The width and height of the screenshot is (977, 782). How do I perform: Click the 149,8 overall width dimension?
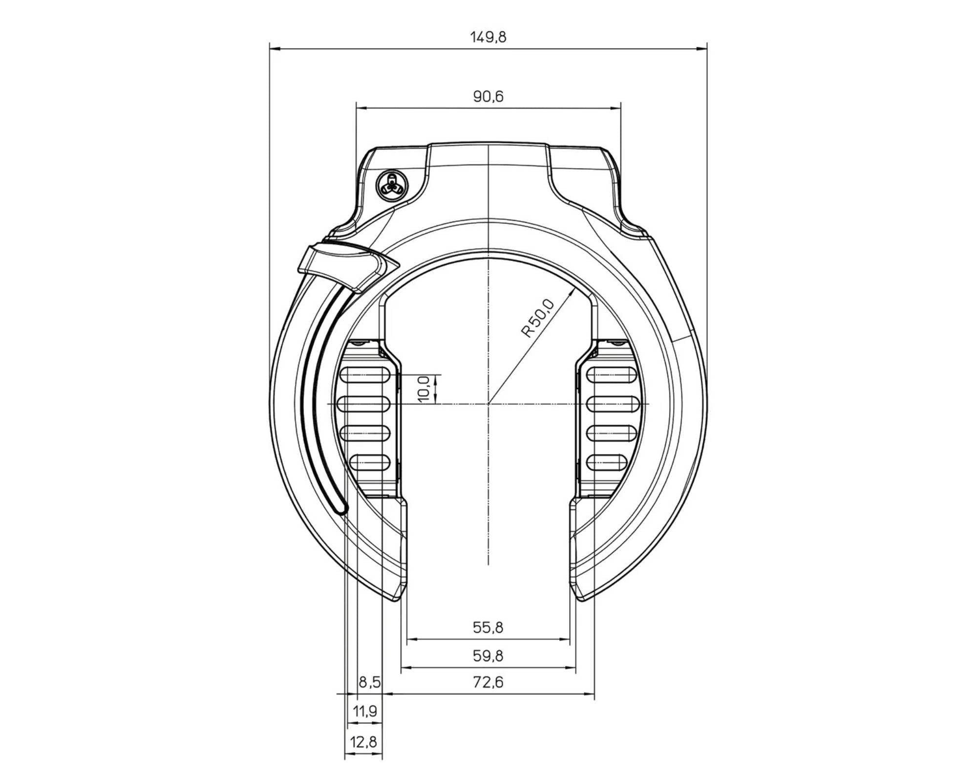point(488,37)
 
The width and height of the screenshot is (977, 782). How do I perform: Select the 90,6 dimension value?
point(488,96)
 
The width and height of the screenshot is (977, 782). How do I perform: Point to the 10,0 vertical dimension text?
point(424,389)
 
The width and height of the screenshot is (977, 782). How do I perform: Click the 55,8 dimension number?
point(488,627)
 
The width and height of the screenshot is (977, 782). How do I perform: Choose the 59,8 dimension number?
point(488,655)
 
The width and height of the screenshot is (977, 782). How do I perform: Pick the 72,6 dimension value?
point(488,682)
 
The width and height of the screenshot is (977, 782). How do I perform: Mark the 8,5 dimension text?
point(370,682)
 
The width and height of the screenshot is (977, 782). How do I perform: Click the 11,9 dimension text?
point(365,711)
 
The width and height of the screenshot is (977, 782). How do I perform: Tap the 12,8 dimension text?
point(363,742)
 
